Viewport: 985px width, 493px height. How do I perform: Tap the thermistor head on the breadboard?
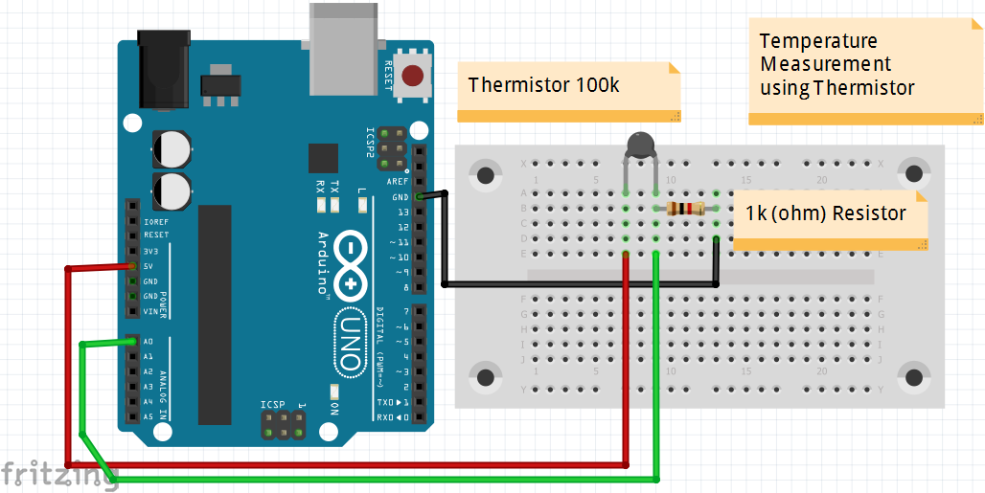[x=640, y=145]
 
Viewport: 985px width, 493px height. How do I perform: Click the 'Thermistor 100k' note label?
[x=543, y=85]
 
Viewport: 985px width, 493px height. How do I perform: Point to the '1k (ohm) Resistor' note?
[x=825, y=213]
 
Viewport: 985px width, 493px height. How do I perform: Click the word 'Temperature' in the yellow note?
[x=817, y=41]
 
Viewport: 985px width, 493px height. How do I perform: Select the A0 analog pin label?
[x=148, y=341]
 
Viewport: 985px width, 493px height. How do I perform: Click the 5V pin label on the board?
[x=149, y=266]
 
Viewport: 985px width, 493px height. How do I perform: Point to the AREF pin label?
[x=398, y=181]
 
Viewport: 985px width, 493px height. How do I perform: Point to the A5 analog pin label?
[x=148, y=417]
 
